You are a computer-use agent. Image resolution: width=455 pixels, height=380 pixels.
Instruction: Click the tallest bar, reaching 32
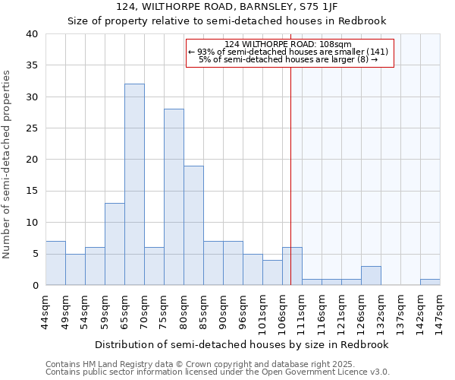(x=134, y=185)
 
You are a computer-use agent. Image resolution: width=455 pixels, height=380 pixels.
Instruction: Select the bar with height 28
(x=174, y=197)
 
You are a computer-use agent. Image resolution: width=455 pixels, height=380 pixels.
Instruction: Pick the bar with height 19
(x=193, y=225)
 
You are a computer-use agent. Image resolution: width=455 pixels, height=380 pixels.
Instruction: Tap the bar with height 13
(x=115, y=244)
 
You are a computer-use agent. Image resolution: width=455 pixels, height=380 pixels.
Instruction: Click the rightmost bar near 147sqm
(x=430, y=282)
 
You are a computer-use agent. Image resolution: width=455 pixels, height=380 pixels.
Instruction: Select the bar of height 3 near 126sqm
(x=371, y=276)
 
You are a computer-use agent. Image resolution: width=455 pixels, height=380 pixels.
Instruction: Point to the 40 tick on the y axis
(x=33, y=34)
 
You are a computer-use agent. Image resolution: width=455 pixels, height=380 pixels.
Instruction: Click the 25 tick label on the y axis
(x=33, y=128)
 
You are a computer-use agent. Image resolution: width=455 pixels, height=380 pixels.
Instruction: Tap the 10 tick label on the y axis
(x=33, y=223)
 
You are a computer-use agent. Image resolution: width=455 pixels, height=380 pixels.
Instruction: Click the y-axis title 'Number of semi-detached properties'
(x=8, y=164)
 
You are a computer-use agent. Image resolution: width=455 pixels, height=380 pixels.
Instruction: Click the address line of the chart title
(x=227, y=7)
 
